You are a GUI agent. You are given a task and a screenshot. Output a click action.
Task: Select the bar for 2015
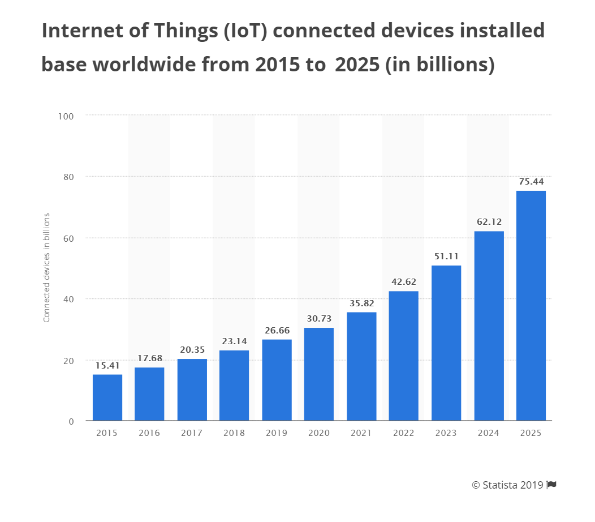[107, 397]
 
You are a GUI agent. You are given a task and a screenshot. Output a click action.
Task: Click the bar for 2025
[531, 306]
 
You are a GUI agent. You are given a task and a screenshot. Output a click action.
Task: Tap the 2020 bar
[319, 374]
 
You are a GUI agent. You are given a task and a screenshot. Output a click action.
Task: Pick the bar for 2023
[446, 343]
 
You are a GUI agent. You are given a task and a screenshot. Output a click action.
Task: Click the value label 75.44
[531, 182]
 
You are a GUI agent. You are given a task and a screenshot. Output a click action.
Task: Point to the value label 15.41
[107, 366]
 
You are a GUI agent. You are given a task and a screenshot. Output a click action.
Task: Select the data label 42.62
[404, 281]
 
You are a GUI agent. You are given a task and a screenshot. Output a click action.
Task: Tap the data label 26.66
[277, 330]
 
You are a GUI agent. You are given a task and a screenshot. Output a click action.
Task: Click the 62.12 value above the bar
[489, 222]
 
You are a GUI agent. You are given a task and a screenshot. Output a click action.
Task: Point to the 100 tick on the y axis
[66, 115]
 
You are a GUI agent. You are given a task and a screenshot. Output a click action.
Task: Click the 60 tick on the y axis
[68, 238]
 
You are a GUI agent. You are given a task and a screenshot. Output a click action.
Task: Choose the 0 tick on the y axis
[71, 421]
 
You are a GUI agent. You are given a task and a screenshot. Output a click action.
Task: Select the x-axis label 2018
[234, 433]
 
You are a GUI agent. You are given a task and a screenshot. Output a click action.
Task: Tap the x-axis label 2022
[404, 433]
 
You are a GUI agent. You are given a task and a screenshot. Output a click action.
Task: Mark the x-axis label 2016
[149, 433]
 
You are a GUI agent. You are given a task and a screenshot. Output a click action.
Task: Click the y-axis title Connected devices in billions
[47, 268]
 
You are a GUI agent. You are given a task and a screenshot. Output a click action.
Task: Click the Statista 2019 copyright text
[507, 485]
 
